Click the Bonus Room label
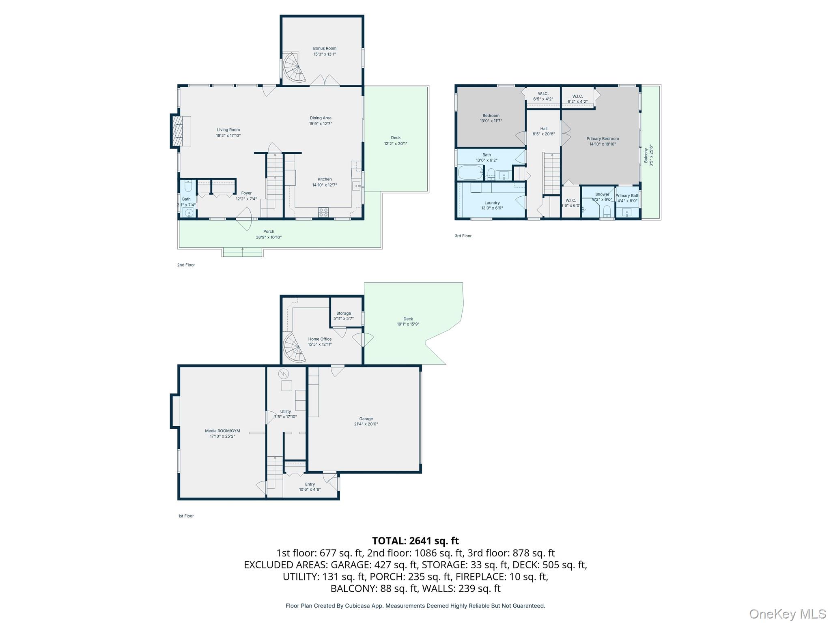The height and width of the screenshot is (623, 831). [325, 49]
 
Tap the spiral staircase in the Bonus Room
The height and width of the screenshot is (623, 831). [294, 68]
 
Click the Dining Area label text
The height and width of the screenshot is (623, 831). [321, 118]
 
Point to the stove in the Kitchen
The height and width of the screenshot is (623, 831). [323, 212]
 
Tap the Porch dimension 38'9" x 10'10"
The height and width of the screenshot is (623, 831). [269, 237]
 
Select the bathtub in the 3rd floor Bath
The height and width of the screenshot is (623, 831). [470, 172]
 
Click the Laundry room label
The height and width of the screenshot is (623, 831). [492, 203]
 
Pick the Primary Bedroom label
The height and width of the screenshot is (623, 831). [603, 139]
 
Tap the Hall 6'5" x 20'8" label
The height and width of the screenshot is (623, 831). [544, 131]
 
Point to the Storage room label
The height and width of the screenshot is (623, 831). [343, 314]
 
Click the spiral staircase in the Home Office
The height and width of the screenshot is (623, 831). [293, 348]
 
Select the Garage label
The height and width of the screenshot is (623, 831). [366, 419]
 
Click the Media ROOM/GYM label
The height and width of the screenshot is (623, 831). [222, 431]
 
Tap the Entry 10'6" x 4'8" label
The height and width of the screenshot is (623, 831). [310, 487]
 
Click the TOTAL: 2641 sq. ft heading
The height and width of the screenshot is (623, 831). [415, 541]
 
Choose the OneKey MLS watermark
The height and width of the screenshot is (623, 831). [787, 614]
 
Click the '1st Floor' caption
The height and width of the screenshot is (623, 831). [186, 516]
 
